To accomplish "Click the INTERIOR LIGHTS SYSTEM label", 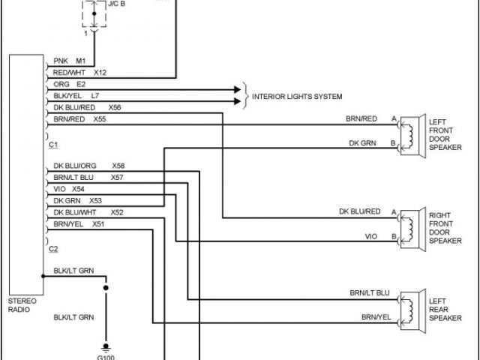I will (x=297, y=97).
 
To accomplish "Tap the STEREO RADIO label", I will (x=20, y=304).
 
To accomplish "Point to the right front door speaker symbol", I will (x=409, y=226).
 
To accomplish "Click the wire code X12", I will (x=100, y=73).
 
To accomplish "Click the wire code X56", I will (x=115, y=106).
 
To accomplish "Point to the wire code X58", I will (x=118, y=166).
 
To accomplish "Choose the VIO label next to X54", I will (x=59, y=189).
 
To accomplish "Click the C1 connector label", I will (x=53, y=143).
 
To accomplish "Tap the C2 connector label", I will (x=53, y=248).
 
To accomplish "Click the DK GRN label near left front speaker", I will (x=362, y=142).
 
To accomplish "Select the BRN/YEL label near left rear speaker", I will (x=376, y=317).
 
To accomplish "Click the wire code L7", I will (x=94, y=95).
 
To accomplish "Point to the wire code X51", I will (x=99, y=223).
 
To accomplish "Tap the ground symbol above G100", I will (x=106, y=346).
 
